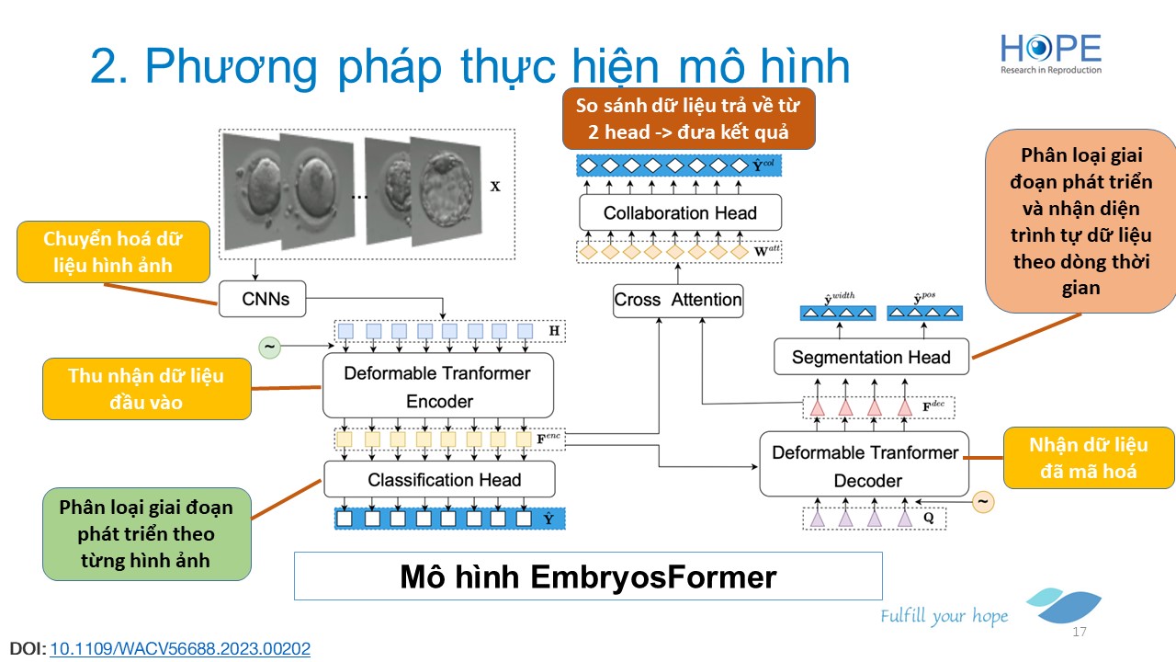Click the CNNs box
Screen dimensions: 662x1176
[x=266, y=298]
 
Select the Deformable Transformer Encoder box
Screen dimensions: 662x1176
[x=438, y=386]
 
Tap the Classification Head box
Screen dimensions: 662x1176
[x=439, y=480]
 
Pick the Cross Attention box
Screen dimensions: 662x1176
[x=678, y=300]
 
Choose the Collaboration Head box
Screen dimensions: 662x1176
[x=680, y=213]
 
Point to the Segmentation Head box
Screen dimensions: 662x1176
[x=871, y=358]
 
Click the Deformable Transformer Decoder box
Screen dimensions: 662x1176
[x=865, y=465]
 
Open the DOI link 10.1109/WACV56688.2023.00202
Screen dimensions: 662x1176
[x=180, y=648]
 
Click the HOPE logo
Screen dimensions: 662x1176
[x=1051, y=53]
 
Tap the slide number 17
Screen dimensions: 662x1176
[x=1080, y=633]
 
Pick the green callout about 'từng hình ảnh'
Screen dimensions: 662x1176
[x=146, y=533]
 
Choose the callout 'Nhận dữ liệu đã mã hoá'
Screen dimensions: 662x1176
[x=1089, y=458]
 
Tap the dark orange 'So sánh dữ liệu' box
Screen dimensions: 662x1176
[x=688, y=118]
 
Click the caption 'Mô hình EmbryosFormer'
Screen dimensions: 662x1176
[x=587, y=576]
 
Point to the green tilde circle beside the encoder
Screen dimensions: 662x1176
[x=270, y=347]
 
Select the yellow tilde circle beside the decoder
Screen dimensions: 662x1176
[x=983, y=502]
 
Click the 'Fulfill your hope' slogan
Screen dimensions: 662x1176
[x=944, y=616]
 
